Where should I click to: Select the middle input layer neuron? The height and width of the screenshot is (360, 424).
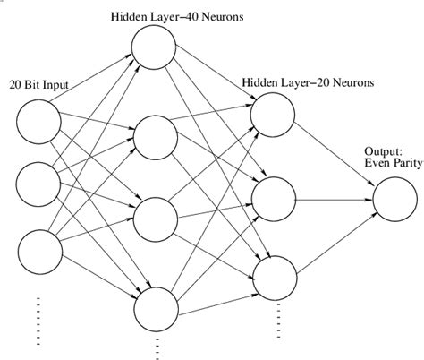point(38,183)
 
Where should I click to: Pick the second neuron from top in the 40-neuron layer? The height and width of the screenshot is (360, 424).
point(156,135)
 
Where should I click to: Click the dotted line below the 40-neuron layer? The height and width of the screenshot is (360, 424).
point(157,347)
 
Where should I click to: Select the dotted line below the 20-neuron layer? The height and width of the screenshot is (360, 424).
point(278,314)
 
